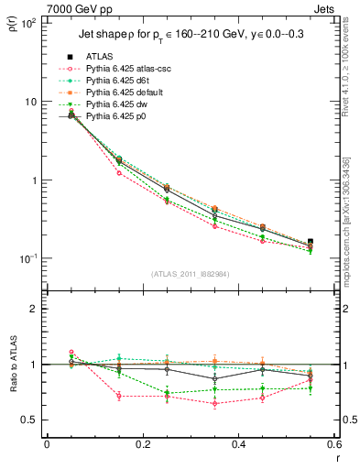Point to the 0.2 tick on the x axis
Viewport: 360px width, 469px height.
[142, 444]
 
